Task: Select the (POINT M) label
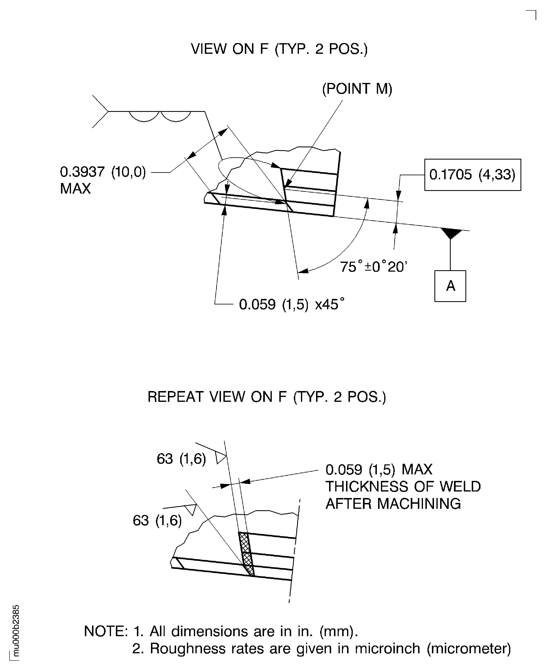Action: coord(357,89)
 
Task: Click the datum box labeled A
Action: coord(450,286)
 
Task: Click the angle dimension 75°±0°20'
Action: coord(373,267)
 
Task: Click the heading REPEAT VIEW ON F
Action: coord(266,397)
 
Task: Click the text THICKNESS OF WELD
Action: coord(403,487)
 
